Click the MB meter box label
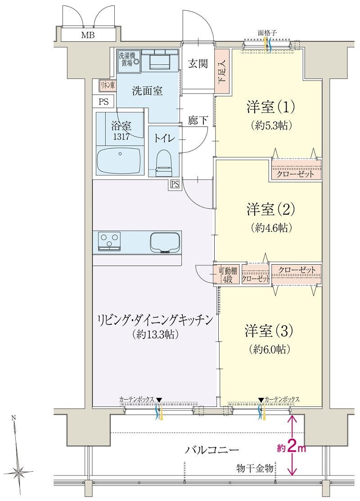[x=88, y=35]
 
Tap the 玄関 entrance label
[x=198, y=64]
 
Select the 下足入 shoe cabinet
[x=222, y=72]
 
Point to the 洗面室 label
[x=147, y=91]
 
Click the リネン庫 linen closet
[x=108, y=85]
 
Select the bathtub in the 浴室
[x=120, y=161]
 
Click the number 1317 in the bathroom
[x=121, y=137]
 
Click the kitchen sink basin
[x=165, y=242]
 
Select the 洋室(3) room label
[x=269, y=331]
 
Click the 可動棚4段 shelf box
[x=227, y=274]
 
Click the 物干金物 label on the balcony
[x=255, y=469]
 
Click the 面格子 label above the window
[x=267, y=32]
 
